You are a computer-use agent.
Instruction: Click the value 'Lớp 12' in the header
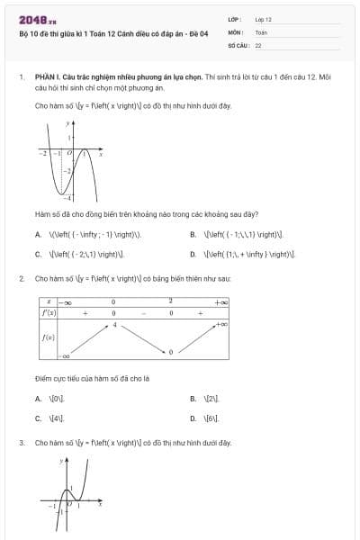coord(263,19)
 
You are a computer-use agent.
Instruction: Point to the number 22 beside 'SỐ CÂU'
coord(258,44)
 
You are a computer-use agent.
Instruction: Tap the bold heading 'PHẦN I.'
coord(48,78)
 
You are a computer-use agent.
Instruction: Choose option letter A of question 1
coord(39,234)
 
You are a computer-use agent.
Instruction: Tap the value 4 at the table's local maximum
coord(115,324)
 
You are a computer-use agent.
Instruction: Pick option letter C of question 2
coord(39,418)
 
